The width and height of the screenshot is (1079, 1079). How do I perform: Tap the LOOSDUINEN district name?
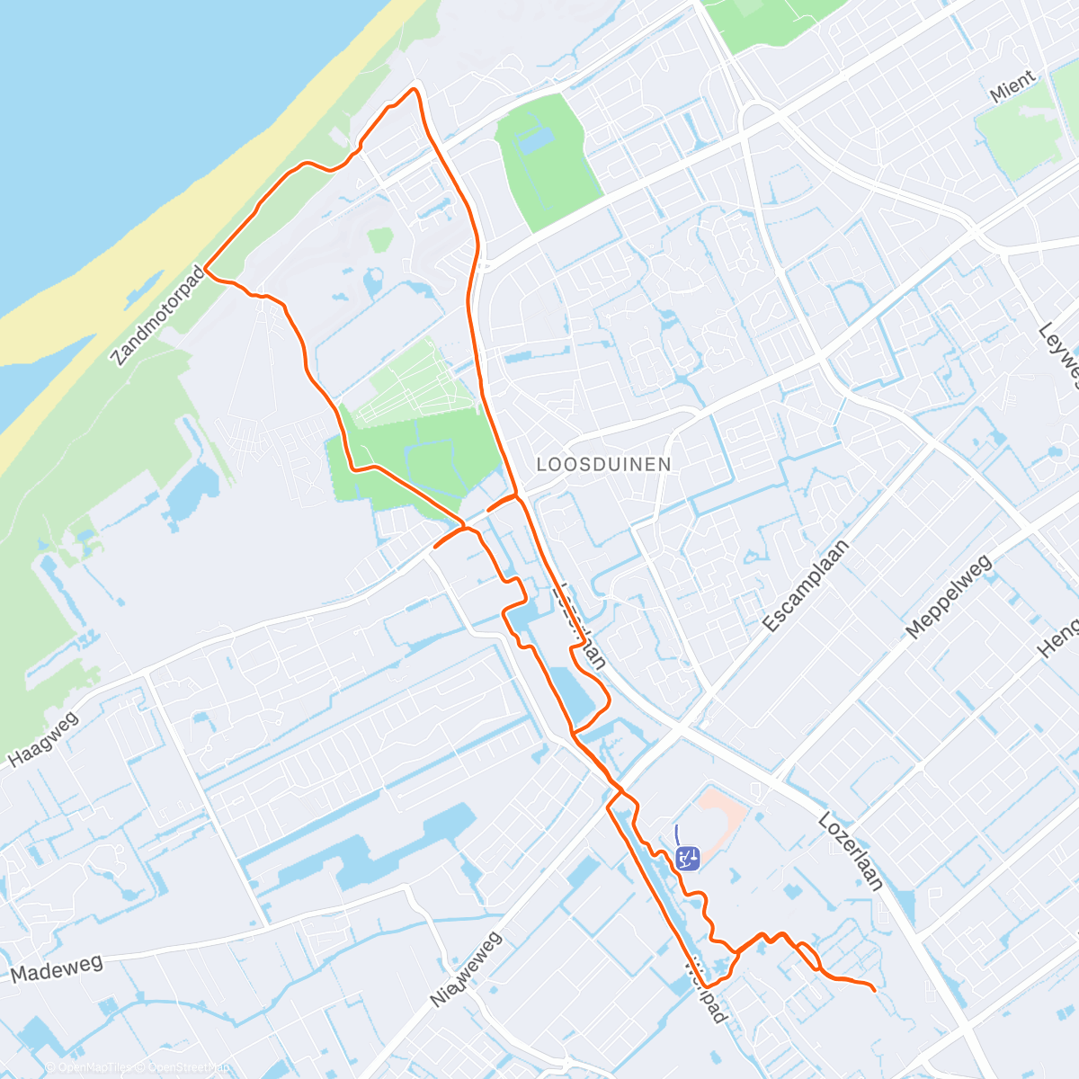[x=603, y=464]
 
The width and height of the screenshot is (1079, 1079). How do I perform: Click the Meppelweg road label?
[x=949, y=596]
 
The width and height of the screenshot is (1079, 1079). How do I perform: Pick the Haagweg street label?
[x=44, y=740]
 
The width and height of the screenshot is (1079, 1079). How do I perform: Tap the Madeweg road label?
[x=57, y=969]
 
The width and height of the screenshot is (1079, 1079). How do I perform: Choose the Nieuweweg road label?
[x=467, y=969]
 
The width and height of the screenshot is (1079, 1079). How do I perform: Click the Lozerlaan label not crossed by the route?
[x=851, y=851]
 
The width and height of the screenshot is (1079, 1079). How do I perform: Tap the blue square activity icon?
[x=687, y=858]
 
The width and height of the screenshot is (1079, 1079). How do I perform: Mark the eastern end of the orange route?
[x=874, y=990]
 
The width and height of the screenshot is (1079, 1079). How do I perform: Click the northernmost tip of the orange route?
[x=415, y=88]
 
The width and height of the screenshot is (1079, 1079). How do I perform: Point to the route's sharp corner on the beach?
[x=206, y=268]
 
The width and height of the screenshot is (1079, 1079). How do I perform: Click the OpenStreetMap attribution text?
[x=185, y=1068]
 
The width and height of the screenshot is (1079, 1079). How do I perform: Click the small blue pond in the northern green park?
[x=536, y=142]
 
